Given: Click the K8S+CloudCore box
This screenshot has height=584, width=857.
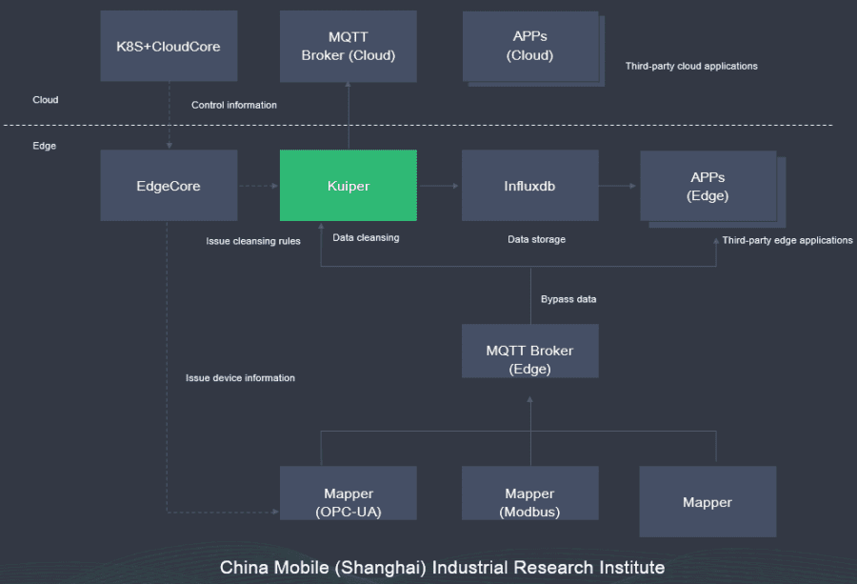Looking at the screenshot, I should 169,46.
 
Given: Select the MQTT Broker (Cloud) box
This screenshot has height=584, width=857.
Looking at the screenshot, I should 348,46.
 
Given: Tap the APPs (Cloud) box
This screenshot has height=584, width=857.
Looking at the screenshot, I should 530,46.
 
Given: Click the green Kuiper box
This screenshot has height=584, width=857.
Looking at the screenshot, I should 348,186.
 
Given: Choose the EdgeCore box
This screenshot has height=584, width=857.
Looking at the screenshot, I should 169,186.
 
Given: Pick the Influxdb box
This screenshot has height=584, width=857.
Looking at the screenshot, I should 529,186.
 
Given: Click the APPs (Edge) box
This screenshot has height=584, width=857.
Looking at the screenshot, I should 708,187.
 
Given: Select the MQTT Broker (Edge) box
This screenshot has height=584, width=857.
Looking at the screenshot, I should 529,359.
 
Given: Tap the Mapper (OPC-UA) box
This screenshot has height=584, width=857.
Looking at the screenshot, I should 348,502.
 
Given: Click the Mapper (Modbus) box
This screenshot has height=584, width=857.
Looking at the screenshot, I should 529,502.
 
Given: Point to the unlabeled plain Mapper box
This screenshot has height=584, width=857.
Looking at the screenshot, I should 708,502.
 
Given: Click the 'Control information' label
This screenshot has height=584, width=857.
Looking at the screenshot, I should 234,105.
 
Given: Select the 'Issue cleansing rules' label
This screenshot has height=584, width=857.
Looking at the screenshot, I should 253,241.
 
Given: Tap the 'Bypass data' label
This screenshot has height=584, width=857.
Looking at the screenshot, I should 568,299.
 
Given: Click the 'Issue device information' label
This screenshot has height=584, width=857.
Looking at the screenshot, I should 240,378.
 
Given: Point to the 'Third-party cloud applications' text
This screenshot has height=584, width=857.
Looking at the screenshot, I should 691,67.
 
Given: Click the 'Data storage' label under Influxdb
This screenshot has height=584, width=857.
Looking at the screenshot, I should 536,239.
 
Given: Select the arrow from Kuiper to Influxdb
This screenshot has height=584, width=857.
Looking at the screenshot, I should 439,186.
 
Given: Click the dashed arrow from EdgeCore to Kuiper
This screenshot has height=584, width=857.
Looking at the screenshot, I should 258,186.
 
